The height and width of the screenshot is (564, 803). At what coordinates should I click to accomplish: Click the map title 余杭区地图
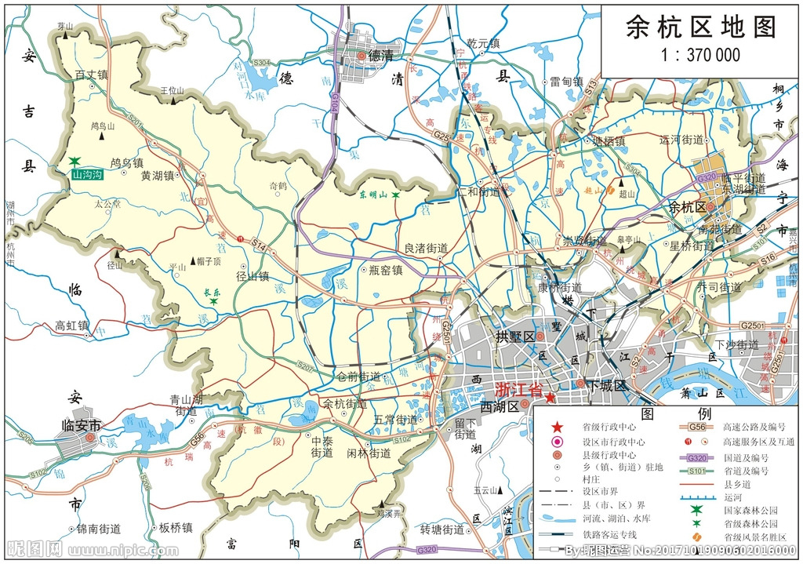pos(700,27)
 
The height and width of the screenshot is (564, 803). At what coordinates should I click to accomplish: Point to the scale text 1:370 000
pos(700,55)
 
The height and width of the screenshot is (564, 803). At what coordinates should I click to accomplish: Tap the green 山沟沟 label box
pos(86,175)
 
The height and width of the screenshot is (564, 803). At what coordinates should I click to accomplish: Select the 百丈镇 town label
pos(91,75)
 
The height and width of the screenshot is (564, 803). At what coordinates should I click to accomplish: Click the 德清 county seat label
pos(380,56)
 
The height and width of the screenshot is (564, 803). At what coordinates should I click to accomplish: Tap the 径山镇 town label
pos(253,276)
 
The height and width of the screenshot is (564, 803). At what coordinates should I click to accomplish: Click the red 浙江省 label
pos(518,390)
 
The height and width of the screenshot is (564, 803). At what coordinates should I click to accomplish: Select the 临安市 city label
pos(82,425)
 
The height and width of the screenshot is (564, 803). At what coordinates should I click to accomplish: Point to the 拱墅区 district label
pos(514,337)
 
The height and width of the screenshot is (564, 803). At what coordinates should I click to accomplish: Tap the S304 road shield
pos(261,63)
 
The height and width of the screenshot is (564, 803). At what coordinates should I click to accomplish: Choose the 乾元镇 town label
pos(483,44)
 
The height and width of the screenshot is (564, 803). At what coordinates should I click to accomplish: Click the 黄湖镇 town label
pos(157,176)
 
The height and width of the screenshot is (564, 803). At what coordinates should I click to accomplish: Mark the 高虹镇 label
pos(71,326)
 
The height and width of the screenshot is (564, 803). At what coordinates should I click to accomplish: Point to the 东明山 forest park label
pos(374,194)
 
